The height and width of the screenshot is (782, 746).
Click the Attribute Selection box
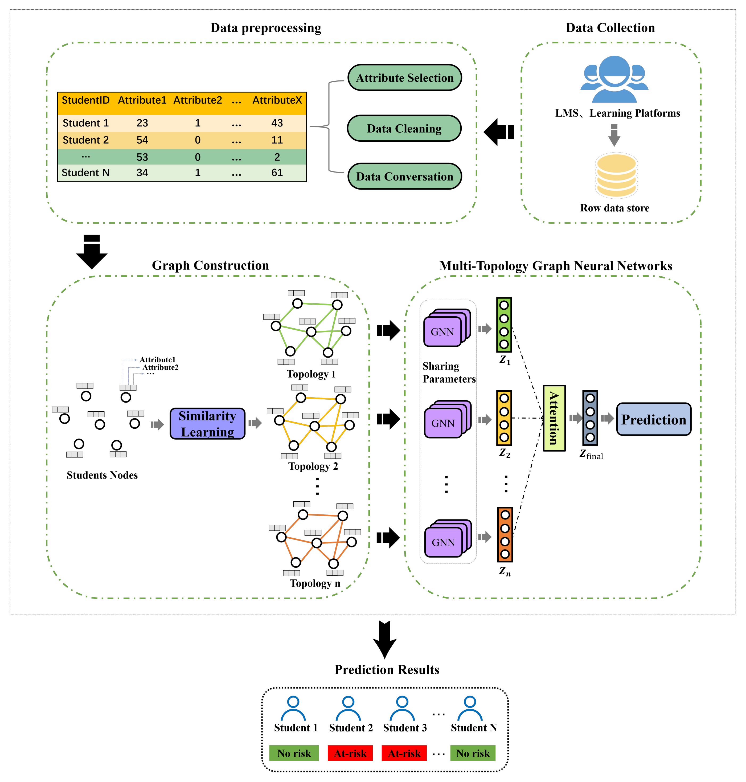coord(404,77)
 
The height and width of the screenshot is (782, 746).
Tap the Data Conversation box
coord(404,176)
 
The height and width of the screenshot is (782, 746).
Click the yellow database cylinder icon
coord(616,175)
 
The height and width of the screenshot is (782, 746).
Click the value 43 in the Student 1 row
coord(277,123)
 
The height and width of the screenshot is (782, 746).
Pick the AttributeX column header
coord(277,100)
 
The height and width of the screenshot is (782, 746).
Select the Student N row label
coord(85,173)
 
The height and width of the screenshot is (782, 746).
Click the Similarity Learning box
coord(207,424)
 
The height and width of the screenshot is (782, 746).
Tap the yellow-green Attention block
coord(554,418)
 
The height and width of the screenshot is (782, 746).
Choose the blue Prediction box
coord(653,419)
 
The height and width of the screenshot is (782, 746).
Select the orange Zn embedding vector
coord(505,535)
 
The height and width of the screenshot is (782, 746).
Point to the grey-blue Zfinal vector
coord(590,418)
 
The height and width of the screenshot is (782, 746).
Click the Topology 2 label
coord(313,466)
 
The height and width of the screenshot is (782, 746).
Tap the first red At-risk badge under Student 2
coord(350,753)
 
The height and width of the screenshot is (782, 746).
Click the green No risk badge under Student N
coord(473,753)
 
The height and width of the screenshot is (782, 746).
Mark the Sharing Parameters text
coord(449,372)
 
